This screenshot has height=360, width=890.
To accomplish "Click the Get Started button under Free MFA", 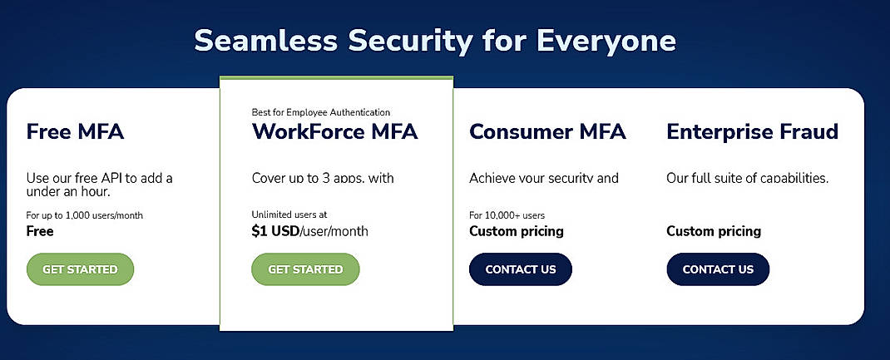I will tap(80, 269).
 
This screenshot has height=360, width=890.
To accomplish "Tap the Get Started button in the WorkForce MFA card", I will tap(305, 269).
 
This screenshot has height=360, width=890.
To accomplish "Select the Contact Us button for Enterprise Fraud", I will tap(718, 269).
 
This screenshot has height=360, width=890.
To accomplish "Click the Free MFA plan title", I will tap(75, 131).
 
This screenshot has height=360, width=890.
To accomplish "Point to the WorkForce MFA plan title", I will tap(334, 131).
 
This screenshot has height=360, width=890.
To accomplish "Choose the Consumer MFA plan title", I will tap(547, 131).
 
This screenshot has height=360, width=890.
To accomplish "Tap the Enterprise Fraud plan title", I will tap(752, 131).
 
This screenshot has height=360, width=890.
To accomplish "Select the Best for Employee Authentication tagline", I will tap(320, 112).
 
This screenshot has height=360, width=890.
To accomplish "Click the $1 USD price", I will tap(274, 231).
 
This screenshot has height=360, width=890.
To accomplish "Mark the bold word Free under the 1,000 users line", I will tap(40, 231).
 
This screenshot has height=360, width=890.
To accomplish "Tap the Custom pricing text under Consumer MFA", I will tap(516, 231).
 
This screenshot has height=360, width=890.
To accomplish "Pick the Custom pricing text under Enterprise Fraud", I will tap(714, 231).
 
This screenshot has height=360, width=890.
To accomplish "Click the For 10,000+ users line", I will tap(507, 215).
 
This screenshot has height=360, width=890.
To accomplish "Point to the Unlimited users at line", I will tap(289, 215).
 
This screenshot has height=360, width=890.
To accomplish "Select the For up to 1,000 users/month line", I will tap(84, 215).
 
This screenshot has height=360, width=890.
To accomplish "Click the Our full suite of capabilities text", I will tap(747, 178).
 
